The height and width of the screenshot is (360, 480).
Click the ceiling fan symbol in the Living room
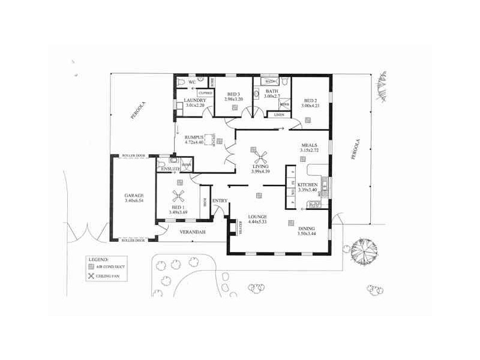(260, 157)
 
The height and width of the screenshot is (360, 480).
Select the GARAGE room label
(133, 196)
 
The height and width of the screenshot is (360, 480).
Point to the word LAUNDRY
(195, 100)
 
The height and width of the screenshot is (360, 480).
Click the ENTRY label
(219, 200)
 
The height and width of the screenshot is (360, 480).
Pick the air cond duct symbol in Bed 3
(235, 107)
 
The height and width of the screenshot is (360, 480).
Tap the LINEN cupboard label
(279, 114)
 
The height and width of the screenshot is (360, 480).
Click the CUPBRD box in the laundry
(205, 93)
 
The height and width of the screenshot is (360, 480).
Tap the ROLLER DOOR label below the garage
(133, 240)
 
